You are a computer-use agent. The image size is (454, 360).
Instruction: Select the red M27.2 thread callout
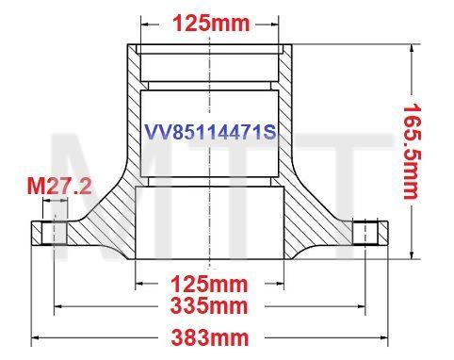58,188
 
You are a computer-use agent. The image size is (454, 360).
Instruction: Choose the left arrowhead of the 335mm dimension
59,305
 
